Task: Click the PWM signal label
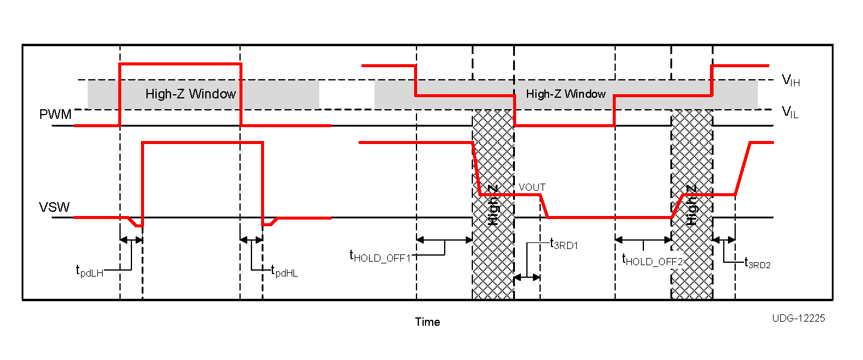55,115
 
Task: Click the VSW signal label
55,208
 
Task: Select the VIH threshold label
790,80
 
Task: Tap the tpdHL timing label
284,271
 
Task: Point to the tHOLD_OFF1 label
380,256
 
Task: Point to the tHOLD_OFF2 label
652,260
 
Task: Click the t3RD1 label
564,243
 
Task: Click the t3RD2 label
757,262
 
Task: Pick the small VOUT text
532,187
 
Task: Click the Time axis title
427,322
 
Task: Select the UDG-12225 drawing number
798,318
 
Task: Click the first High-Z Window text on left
190,94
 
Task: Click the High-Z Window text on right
565,94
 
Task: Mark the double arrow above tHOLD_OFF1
444,240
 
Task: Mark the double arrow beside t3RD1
527,277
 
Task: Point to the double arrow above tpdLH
131,240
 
